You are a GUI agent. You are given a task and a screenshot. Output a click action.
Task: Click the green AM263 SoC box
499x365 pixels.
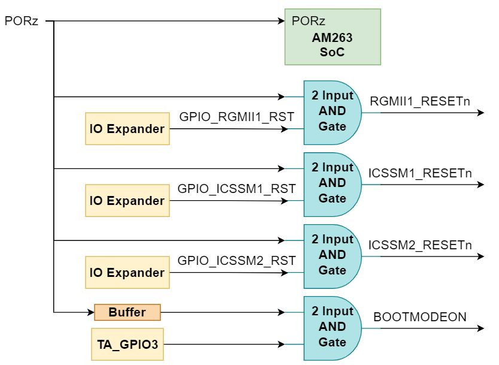pyautogui.click(x=332, y=37)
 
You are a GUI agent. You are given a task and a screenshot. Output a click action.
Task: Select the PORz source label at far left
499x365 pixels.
pyautogui.click(x=22, y=21)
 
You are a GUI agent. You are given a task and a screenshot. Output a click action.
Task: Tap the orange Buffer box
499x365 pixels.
pyautogui.click(x=127, y=312)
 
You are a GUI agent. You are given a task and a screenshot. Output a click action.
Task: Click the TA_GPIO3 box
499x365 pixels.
pyautogui.click(x=127, y=344)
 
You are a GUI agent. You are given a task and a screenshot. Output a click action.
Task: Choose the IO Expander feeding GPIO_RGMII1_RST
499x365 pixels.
pyautogui.click(x=127, y=128)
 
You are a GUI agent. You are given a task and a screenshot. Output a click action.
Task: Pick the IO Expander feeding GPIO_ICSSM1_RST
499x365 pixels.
pyautogui.click(x=127, y=200)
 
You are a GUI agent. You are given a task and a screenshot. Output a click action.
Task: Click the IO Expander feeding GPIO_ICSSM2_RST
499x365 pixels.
pyautogui.click(x=127, y=272)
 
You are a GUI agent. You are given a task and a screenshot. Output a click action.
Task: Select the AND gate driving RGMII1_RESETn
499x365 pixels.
pyautogui.click(x=331, y=112)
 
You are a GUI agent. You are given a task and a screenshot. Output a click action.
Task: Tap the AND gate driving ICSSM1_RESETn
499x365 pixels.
pyautogui.click(x=331, y=184)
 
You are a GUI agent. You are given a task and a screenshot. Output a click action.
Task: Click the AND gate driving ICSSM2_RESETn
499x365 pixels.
pyautogui.click(x=331, y=256)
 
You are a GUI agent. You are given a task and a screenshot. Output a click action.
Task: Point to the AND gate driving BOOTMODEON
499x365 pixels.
pyautogui.click(x=331, y=328)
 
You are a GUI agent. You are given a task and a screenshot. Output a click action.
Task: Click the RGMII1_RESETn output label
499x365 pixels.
pyautogui.click(x=420, y=101)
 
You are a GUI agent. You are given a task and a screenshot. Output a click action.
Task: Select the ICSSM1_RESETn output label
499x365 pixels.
pyautogui.click(x=420, y=173)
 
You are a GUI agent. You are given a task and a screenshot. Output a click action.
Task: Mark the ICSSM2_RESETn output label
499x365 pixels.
pyautogui.click(x=420, y=245)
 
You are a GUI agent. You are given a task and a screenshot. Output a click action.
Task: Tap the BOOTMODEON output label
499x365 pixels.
pyautogui.click(x=419, y=317)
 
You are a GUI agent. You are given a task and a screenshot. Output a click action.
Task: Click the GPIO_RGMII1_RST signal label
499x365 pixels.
pyautogui.click(x=236, y=117)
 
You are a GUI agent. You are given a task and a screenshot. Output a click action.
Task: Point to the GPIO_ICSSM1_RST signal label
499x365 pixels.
pyautogui.click(x=236, y=189)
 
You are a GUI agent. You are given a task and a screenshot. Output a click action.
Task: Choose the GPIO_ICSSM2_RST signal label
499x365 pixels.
pyautogui.click(x=236, y=261)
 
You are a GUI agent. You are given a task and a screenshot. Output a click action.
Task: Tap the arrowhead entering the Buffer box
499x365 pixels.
pyautogui.click(x=91, y=312)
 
